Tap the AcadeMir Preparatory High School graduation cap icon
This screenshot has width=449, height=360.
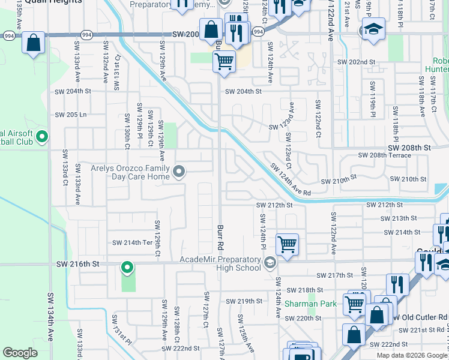click(270, 262)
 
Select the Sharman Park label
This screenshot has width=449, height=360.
click(310, 304)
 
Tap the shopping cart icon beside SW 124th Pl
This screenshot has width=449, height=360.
click(288, 244)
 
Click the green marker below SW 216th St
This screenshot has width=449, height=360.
click(127, 266)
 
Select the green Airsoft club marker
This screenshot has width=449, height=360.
click(42, 137)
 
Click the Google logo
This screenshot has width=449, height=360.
click(20, 353)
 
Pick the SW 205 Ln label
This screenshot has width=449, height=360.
click(71, 115)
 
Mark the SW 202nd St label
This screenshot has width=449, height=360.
click(356, 62)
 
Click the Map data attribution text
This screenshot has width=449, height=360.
click(412, 355)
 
